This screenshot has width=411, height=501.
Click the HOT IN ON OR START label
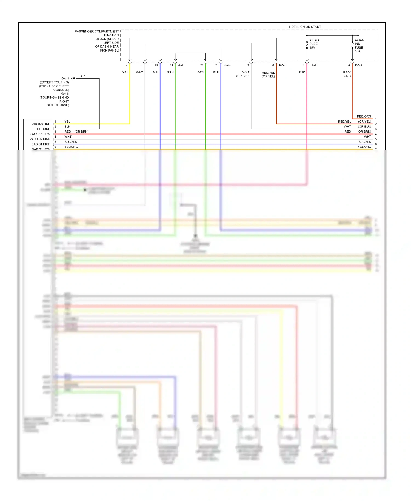tap(305, 27)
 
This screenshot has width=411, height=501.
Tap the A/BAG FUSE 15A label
tap(314, 44)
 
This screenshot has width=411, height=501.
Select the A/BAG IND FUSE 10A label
tap(359, 46)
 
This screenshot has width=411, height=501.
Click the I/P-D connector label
tap(282, 65)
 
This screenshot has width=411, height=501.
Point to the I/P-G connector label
tap(227, 65)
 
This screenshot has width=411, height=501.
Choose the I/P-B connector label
tap(358, 65)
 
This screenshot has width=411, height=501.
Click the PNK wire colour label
tap(301, 72)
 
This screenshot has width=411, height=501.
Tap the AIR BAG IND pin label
tap(41, 124)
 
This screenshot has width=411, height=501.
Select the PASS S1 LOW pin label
tap(40, 134)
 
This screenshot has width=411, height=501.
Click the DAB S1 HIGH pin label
tap(41, 144)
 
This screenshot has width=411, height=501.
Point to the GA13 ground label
tap(65, 78)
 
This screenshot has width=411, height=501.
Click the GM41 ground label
tap(65, 94)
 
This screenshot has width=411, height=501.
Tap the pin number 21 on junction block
tap(202, 65)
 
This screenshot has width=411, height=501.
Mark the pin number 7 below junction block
tap(126, 65)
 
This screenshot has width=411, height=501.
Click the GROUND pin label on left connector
tap(44, 129)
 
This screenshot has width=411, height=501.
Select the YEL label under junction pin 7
tap(125, 72)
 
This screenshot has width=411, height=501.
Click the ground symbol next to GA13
tap(73, 78)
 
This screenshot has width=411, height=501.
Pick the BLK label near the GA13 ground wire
tap(82, 76)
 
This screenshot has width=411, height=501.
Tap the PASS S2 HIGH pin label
tap(40, 139)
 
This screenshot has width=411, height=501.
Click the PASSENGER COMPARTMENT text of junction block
tap(96, 32)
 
